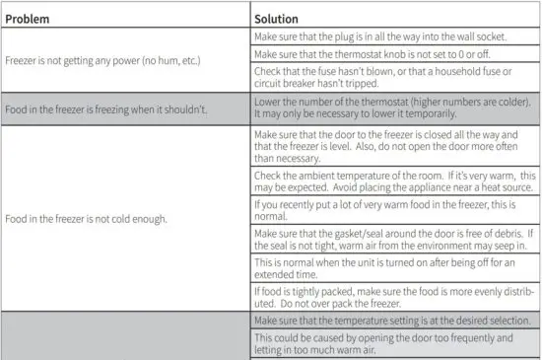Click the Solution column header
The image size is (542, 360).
pyautogui.click(x=277, y=18)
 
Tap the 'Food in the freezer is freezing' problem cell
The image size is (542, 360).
pyautogui.click(x=106, y=108)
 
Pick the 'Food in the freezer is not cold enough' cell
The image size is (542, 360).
pyautogui.click(x=87, y=218)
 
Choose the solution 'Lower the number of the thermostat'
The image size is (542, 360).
pyautogui.click(x=391, y=108)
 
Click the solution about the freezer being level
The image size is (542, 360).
pyautogui.click(x=391, y=147)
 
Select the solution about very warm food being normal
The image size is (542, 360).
pyautogui.click(x=391, y=210)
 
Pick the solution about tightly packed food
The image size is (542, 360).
pyautogui.click(x=391, y=297)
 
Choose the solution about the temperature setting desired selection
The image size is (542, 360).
pyautogui.click(x=391, y=321)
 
